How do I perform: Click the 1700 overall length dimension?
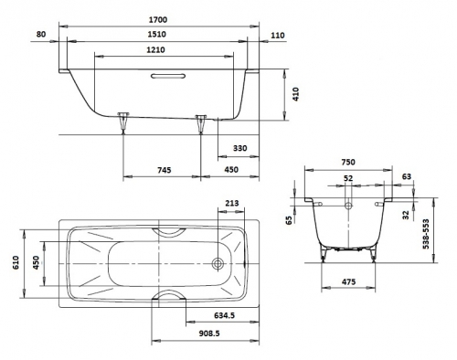[158, 20]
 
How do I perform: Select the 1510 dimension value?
[157, 34]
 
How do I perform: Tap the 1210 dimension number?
[155, 49]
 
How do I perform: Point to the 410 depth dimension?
[296, 94]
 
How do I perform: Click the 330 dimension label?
[240, 148]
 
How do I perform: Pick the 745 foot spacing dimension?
[165, 170]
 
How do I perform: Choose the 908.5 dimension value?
[209, 334]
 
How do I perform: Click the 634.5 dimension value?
[224, 315]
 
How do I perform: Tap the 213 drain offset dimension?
[232, 203]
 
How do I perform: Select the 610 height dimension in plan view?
[16, 262]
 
